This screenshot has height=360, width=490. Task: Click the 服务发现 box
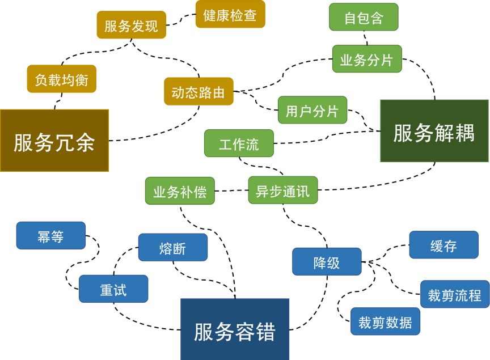click(x=131, y=26)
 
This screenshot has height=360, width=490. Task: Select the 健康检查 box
click(x=230, y=15)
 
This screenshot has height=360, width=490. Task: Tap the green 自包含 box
click(x=364, y=18)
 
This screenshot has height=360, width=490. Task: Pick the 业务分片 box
click(x=366, y=60)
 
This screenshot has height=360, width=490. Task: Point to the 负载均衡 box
click(x=61, y=79)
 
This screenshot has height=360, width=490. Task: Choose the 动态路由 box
click(x=198, y=92)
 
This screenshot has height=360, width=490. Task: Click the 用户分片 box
click(x=312, y=111)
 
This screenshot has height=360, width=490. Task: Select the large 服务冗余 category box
click(x=54, y=141)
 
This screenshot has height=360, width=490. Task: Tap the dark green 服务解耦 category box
click(x=434, y=132)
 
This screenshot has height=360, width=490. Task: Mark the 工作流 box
click(x=239, y=144)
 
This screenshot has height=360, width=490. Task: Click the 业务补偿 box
click(x=180, y=192)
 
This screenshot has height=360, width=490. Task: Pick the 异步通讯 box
click(x=282, y=190)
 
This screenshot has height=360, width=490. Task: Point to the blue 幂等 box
click(x=50, y=236)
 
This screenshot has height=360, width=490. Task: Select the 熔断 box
click(x=172, y=248)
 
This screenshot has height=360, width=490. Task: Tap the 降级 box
click(x=327, y=262)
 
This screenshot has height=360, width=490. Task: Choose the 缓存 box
click(x=443, y=245)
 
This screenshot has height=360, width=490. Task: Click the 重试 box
click(x=113, y=289)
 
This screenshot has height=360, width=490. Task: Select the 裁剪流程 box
click(x=454, y=295)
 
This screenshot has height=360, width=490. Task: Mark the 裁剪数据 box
click(x=385, y=322)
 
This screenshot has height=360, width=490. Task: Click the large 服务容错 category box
click(x=235, y=330)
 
